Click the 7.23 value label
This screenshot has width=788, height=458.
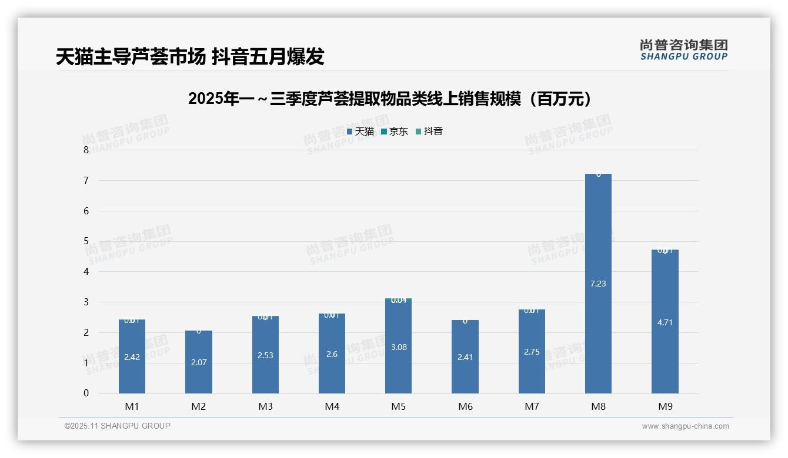click(x=598, y=284)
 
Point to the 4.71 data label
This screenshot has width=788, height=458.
click(x=665, y=322)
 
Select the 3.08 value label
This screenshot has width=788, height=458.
click(x=399, y=347)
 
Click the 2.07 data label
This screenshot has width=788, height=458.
click(x=199, y=362)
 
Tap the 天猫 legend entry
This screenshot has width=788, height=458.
click(x=360, y=132)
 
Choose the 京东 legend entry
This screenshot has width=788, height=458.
click(x=395, y=132)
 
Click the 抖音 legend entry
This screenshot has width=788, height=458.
click(x=429, y=132)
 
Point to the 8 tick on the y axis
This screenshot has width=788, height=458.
click(x=86, y=150)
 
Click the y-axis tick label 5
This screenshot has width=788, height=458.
click(x=86, y=241)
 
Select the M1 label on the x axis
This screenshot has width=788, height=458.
click(x=132, y=406)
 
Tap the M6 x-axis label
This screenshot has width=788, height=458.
click(x=465, y=406)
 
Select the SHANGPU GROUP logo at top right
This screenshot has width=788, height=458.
click(x=683, y=50)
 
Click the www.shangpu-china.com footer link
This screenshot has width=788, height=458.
click(x=685, y=426)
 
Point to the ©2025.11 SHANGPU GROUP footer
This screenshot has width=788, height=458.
click(x=118, y=426)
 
